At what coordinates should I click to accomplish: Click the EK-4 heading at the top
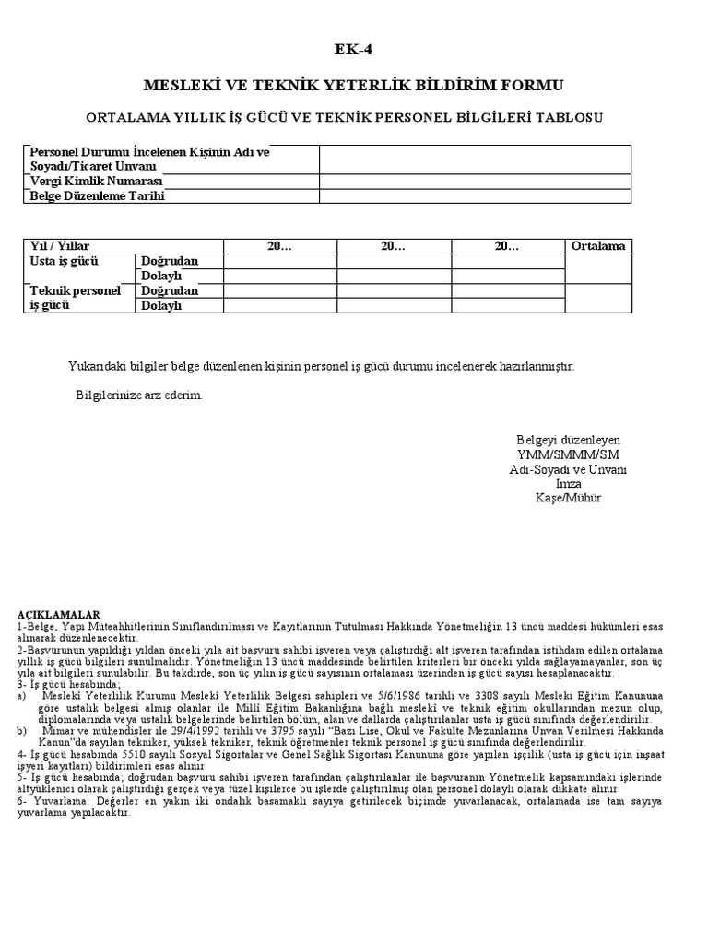point(353,50)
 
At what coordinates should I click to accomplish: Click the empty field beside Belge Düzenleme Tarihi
point(475,195)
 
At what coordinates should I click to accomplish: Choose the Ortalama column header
point(597,246)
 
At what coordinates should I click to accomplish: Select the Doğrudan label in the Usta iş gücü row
point(169,261)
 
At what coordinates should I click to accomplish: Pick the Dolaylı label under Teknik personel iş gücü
point(161,305)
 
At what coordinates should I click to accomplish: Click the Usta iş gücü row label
point(65,261)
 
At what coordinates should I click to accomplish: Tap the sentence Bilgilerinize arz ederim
point(138,395)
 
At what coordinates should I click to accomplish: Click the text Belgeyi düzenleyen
point(568,440)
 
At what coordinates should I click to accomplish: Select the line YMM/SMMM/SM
point(568,454)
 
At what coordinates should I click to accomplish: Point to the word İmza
point(568,483)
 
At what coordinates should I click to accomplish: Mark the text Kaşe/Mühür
point(568,498)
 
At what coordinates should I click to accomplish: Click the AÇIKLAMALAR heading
point(58,614)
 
